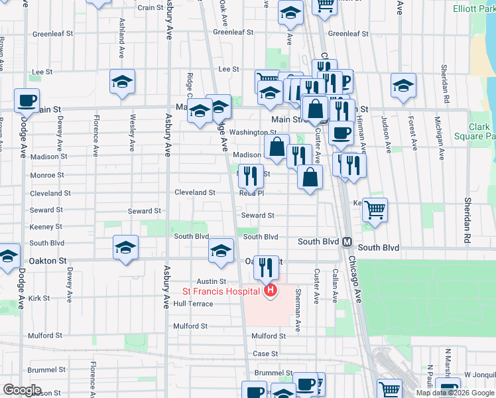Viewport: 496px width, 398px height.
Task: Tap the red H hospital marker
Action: coord(270,291)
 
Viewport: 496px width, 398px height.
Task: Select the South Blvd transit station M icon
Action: coord(347,242)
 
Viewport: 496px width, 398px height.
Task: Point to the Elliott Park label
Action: coord(474,9)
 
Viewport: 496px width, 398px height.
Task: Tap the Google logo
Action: coord(22,390)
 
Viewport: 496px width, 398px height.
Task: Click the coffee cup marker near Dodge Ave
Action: coord(27,100)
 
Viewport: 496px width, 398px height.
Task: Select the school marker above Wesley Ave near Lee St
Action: coord(123,82)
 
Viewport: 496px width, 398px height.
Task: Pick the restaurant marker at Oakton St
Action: coord(266,267)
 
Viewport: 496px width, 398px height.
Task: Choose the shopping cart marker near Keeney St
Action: coord(375,210)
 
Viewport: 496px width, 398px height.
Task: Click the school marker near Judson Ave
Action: coord(403,86)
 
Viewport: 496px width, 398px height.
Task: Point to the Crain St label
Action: coord(151,8)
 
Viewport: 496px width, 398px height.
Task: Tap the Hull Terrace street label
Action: coord(193,304)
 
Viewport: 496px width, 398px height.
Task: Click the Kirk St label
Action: coord(40,298)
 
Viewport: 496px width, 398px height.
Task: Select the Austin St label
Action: coord(212,282)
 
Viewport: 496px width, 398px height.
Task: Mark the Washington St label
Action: coord(253,133)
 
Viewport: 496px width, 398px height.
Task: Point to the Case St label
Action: coord(265,354)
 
